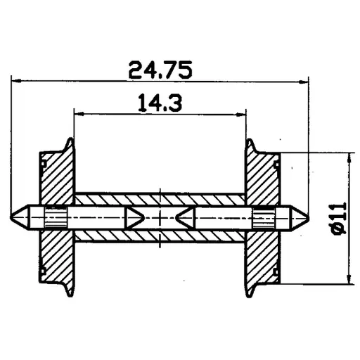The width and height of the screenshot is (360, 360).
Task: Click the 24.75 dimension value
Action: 160,70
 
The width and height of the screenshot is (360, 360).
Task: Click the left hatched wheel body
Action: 55,176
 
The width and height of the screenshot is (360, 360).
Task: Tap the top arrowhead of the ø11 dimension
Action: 349,157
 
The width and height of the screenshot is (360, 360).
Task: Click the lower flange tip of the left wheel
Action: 70,294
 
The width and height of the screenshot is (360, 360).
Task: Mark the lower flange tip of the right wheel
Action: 249,294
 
